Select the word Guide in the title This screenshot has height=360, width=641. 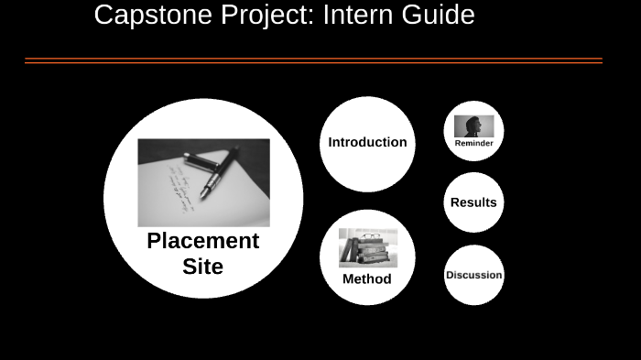click(435, 15)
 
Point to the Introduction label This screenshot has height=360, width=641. click(367, 142)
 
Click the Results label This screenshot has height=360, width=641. click(473, 202)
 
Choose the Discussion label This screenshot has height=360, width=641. click(473, 275)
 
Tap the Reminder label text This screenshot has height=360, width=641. click(473, 143)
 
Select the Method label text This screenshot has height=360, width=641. click(366, 279)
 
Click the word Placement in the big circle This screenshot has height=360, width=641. click(203, 241)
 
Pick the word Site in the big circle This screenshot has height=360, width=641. click(202, 267)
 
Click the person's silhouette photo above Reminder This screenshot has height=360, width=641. click(473, 125)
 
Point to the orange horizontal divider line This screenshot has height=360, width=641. click(313, 61)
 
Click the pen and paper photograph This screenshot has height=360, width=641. click(203, 182)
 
